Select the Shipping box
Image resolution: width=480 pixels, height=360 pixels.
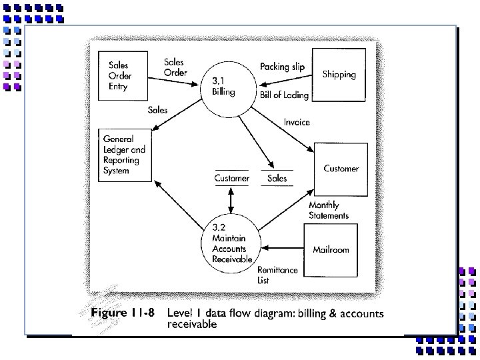click(x=339, y=75)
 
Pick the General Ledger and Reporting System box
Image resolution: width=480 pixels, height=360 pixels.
click(x=125, y=155)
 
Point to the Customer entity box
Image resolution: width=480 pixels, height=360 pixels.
click(x=341, y=169)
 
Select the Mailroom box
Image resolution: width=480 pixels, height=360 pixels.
click(x=331, y=250)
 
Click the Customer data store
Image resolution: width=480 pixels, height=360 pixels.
click(x=231, y=178)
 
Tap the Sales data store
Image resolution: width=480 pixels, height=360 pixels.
click(x=277, y=178)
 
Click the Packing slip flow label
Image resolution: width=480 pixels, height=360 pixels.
click(x=283, y=66)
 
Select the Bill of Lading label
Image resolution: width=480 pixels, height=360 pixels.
click(x=285, y=95)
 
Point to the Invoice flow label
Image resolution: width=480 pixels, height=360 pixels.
click(x=297, y=123)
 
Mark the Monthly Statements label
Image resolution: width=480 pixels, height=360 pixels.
click(x=328, y=211)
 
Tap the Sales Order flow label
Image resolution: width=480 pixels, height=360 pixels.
click(x=175, y=67)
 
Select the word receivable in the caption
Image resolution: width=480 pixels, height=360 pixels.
click(x=192, y=325)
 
